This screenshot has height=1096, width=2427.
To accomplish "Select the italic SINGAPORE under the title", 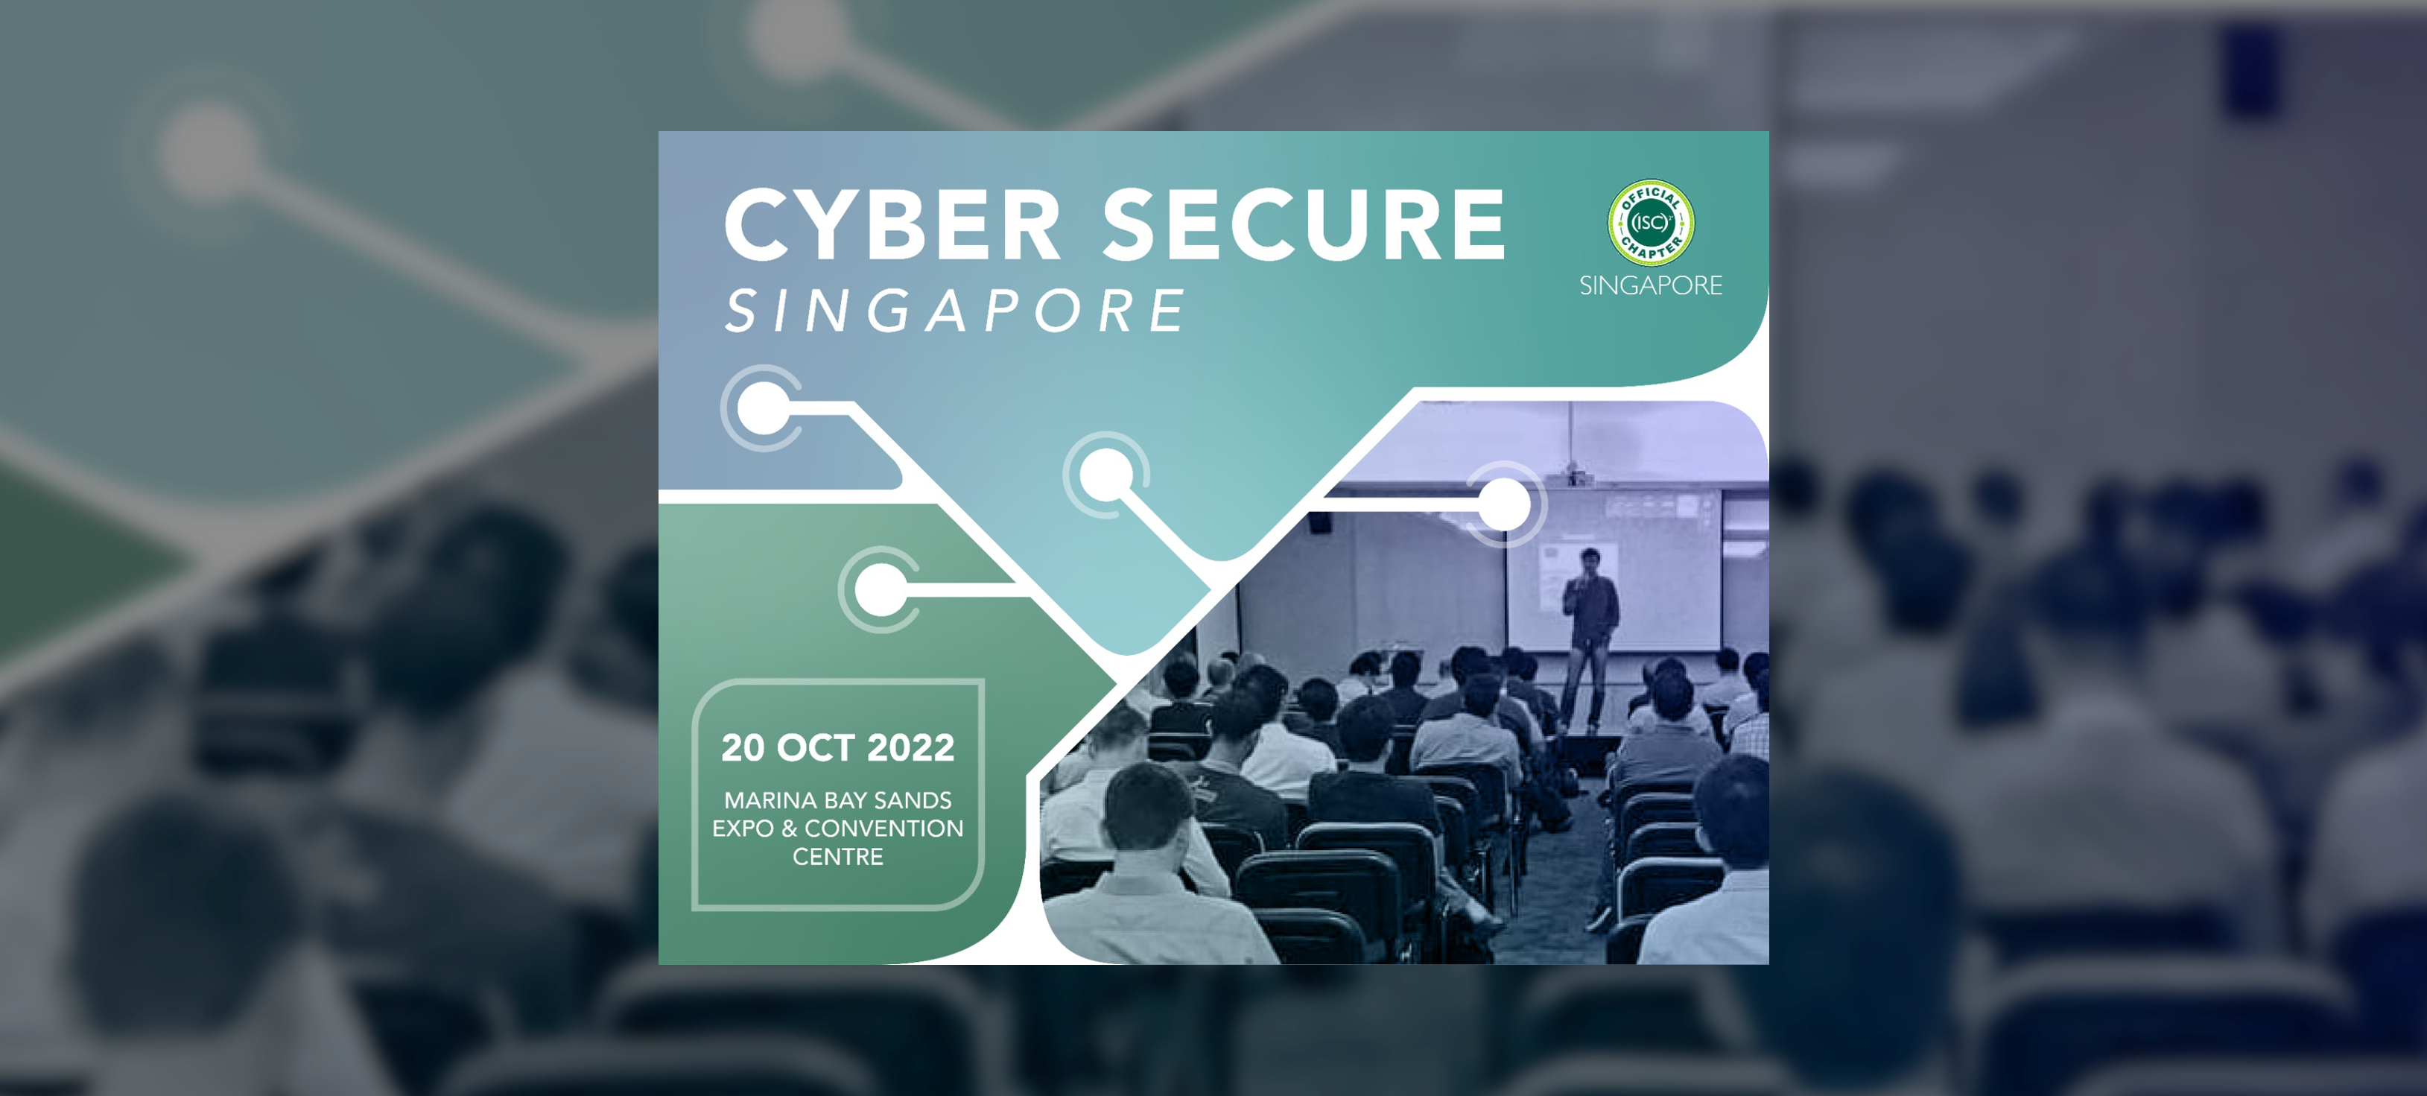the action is point(954,311).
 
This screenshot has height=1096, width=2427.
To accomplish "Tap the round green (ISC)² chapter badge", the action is point(1651,223).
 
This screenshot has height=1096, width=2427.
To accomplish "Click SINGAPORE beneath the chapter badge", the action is point(1651,285).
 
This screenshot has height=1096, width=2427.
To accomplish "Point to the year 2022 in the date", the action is point(911,747).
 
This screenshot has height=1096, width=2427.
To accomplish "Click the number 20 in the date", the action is point(743,747).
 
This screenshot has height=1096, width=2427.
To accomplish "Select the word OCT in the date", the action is point(816,747).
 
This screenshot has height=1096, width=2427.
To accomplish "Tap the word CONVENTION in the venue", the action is point(883,829).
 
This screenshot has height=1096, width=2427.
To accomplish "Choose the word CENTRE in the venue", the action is point(837,857).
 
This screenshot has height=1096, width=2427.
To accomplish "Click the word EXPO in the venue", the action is point(743,829).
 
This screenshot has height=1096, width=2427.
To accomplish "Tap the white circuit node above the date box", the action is point(881,590).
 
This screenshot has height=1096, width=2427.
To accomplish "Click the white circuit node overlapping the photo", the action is point(1504,504).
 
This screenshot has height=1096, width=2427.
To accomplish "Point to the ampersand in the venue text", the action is point(790,829).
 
